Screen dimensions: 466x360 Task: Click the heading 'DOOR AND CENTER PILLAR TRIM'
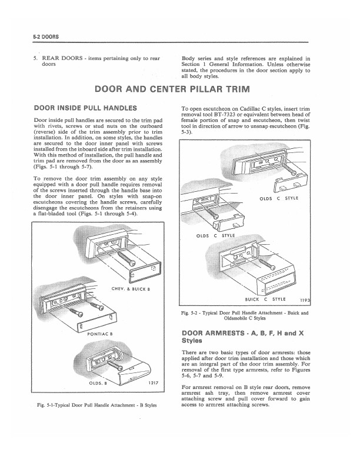[x=180, y=90]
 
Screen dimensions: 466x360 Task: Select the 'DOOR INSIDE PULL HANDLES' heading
[x=86, y=108]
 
